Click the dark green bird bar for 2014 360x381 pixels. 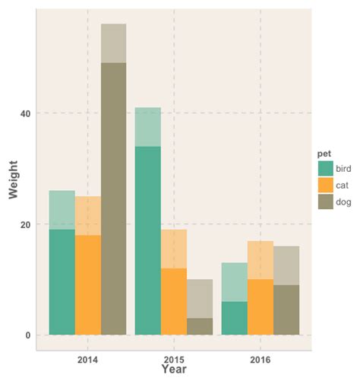pos(62,282)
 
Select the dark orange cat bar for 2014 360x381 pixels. pos(88,285)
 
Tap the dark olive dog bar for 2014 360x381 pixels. pos(114,198)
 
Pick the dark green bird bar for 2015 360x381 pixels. pos(148,240)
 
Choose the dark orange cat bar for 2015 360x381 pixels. pos(174,302)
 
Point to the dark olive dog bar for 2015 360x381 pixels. pos(200,326)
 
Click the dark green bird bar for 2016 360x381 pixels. pos(235,318)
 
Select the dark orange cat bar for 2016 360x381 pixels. pos(261,307)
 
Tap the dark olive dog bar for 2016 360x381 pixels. pos(286,310)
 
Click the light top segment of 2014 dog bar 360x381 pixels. pos(114,43)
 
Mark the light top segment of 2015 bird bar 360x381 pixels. pos(148,127)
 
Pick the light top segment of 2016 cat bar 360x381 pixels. pos(261,260)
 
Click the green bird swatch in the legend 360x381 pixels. pos(326,169)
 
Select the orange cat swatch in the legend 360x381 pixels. pos(326,186)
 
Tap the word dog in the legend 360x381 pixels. pos(343,202)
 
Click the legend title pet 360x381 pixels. pos(324,154)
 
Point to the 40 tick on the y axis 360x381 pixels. pos(25,113)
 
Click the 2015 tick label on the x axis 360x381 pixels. pos(174,360)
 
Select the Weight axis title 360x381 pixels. pos(14,179)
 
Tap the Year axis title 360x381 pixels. pos(174,370)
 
